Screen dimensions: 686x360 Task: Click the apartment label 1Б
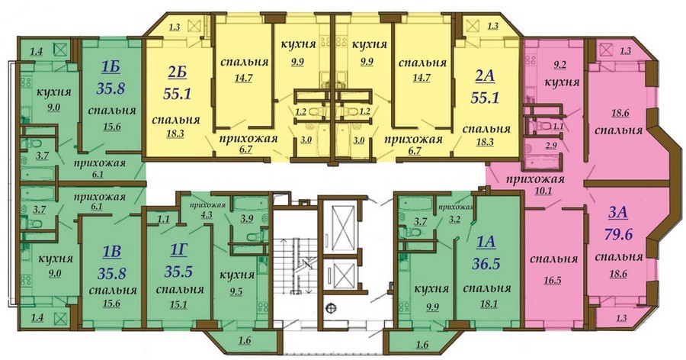click(110, 69)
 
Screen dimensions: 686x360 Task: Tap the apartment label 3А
click(618, 214)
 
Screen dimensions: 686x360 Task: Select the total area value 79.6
click(618, 233)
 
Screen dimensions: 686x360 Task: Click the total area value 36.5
click(486, 264)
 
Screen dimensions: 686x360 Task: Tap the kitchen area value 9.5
click(236, 291)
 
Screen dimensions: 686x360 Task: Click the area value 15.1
click(178, 304)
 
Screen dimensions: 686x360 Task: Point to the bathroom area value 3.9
click(247, 220)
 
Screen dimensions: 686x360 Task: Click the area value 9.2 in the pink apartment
click(560, 66)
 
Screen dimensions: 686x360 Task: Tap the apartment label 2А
click(483, 76)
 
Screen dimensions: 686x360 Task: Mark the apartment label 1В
click(111, 252)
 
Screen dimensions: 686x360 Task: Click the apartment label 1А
click(486, 243)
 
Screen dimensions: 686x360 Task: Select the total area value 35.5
click(178, 272)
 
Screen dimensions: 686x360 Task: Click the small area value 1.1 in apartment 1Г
click(163, 220)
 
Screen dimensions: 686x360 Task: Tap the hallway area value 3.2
click(455, 220)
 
